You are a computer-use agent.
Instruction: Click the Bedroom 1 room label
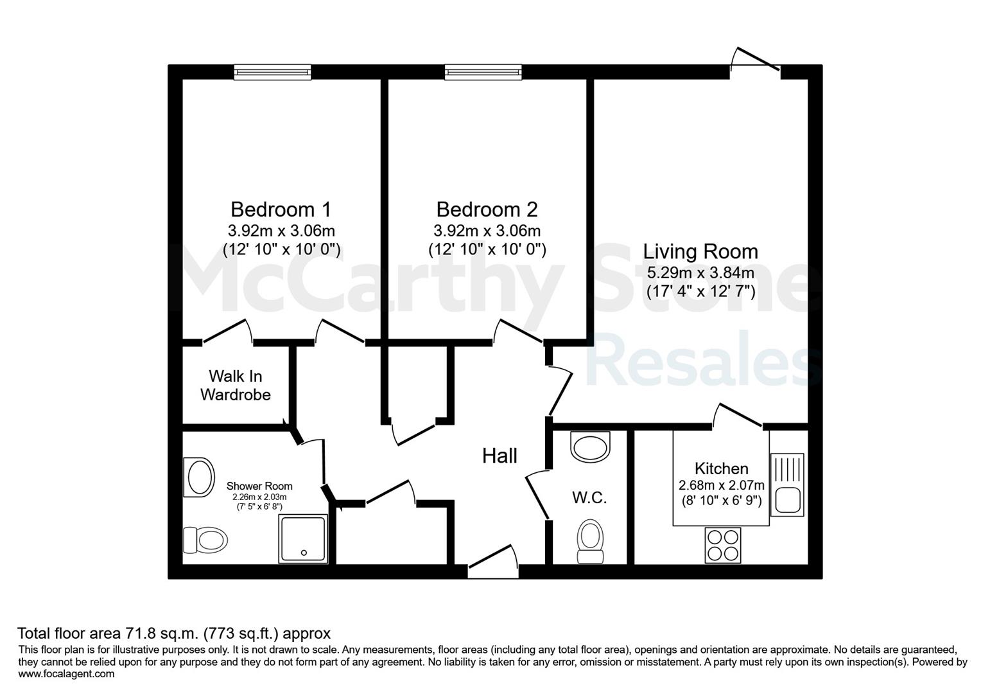coord(281,209)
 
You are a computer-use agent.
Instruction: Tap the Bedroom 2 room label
coord(487,209)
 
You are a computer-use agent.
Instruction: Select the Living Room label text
coord(700,251)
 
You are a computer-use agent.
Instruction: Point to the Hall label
coord(499,456)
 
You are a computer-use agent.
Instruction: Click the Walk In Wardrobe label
coord(235,386)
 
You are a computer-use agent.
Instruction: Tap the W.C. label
coord(589,497)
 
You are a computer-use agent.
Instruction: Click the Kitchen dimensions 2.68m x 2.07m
coord(721,485)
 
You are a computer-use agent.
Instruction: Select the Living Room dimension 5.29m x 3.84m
coord(700,272)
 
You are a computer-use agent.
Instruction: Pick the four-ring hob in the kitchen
coord(723,545)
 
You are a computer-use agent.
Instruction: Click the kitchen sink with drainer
coord(787,485)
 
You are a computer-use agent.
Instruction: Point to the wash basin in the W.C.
coord(590,447)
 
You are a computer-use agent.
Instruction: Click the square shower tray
coord(303,538)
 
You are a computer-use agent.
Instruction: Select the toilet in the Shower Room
coord(205,540)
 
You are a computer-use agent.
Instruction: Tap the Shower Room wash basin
coord(199,477)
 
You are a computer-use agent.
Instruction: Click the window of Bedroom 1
coord(272,72)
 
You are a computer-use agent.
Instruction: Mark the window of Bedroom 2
coord(483,72)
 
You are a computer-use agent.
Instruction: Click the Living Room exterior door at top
coord(755,60)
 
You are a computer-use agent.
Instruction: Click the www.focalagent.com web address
coord(66,673)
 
